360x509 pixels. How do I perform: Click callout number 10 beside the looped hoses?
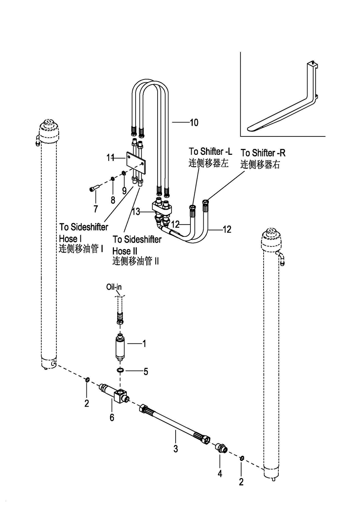pyautogui.click(x=194, y=122)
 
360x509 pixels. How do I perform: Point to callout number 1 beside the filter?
pyautogui.click(x=145, y=343)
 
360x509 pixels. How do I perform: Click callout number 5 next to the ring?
pyautogui.click(x=146, y=371)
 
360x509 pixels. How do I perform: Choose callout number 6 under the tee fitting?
pyautogui.click(x=112, y=417)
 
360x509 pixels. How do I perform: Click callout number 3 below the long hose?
pyautogui.click(x=176, y=449)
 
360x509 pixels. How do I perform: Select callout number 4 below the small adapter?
pyautogui.click(x=220, y=474)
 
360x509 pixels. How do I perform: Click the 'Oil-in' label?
pyautogui.click(x=114, y=287)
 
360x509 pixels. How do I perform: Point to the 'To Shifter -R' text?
pyautogui.click(x=263, y=153)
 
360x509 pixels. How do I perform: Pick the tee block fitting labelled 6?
pyautogui.click(x=119, y=396)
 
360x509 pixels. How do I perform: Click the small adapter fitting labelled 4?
pyautogui.click(x=220, y=447)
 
